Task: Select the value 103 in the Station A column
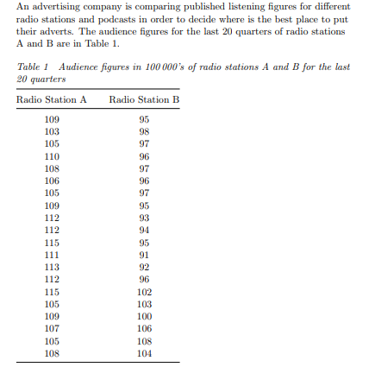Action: [52, 131]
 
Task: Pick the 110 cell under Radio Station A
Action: [52, 156]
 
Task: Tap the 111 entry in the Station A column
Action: [52, 255]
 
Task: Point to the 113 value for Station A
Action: [52, 267]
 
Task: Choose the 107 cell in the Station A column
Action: [52, 328]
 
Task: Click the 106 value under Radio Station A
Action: [52, 180]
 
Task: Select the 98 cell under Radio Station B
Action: [144, 131]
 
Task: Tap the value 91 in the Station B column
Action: [144, 255]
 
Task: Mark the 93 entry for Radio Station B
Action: [144, 218]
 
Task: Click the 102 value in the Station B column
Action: [144, 292]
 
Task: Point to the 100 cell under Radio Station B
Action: [144, 316]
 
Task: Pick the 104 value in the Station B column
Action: [144, 353]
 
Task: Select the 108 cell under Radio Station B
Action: [144, 341]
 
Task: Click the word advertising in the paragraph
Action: [48, 7]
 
